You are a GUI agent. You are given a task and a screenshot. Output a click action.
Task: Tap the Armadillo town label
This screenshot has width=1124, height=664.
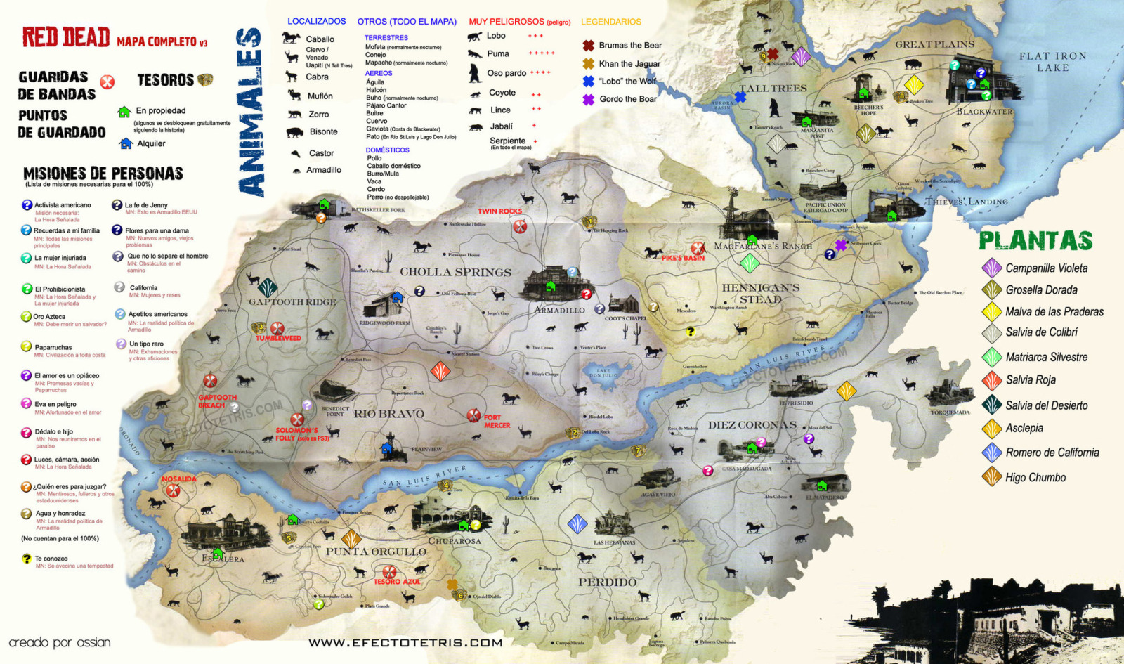click(559, 310)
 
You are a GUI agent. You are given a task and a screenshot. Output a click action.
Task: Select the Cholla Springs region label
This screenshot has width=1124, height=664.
click(455, 272)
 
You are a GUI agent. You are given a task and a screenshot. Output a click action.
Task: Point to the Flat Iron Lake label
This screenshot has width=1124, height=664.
click(1052, 62)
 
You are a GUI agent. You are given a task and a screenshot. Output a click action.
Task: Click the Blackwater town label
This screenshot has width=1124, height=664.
click(984, 112)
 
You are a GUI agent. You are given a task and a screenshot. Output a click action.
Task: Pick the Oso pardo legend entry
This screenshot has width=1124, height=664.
click(507, 73)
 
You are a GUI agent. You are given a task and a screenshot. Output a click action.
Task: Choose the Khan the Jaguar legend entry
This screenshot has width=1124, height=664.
click(629, 63)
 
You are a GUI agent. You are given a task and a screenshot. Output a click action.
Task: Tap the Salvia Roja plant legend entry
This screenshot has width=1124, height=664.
click(1030, 380)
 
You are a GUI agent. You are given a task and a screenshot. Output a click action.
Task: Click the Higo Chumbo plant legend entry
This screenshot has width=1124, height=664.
click(1035, 478)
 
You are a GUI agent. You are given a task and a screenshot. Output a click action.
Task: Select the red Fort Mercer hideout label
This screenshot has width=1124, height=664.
click(496, 422)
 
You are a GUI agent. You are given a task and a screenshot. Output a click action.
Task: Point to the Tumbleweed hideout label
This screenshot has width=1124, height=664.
click(278, 339)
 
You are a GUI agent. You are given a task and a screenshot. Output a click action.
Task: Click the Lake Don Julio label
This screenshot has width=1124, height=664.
click(603, 373)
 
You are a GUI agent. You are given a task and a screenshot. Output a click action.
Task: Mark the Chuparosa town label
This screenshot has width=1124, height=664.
click(455, 541)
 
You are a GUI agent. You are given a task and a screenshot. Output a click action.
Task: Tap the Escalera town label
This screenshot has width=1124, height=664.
click(223, 559)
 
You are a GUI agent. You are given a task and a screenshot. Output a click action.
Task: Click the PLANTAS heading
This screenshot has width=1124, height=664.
click(1035, 241)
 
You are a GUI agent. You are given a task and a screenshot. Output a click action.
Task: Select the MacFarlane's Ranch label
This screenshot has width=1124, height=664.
click(762, 247)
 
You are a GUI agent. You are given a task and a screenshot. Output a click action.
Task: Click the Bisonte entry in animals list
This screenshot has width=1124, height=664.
click(322, 132)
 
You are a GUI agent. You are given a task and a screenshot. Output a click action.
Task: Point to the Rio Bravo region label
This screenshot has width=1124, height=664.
click(388, 415)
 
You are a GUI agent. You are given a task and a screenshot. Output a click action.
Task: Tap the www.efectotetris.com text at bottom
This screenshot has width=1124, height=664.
click(405, 642)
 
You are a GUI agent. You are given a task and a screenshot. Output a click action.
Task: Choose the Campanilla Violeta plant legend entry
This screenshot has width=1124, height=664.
click(1045, 268)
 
